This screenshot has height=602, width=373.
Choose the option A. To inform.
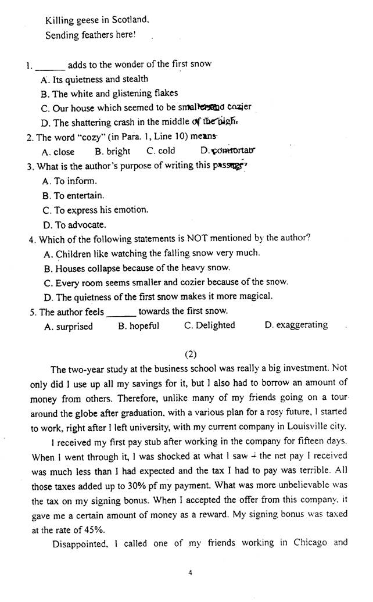(70, 181)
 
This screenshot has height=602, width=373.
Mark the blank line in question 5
(121, 312)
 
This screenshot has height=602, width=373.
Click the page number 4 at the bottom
(190, 572)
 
